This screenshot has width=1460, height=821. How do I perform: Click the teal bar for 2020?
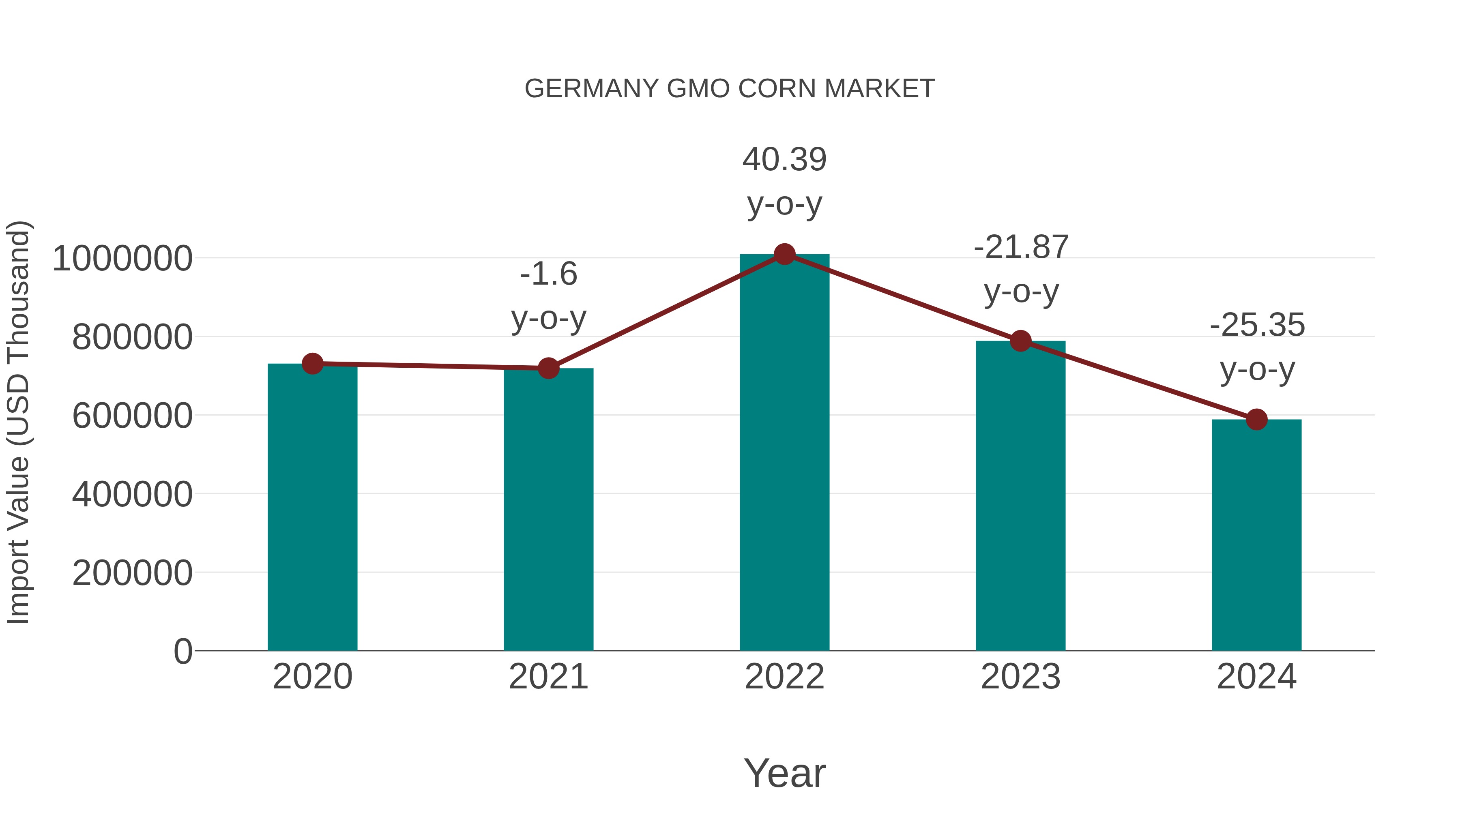(312, 510)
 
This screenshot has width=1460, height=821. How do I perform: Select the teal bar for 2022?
(784, 453)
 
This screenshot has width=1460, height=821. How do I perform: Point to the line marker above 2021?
(548, 368)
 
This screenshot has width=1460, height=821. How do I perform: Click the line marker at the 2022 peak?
(784, 254)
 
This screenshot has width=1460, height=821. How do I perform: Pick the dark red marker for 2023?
(1020, 341)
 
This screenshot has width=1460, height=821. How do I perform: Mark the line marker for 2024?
(1256, 419)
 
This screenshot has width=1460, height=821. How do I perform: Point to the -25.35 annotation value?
(1257, 325)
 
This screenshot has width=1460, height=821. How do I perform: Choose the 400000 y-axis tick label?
(132, 494)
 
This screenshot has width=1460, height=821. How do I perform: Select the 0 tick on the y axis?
(183, 651)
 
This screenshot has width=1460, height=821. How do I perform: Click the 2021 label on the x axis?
(548, 677)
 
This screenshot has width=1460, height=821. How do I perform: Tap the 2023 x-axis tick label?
(1020, 677)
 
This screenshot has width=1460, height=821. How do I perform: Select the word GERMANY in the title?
(592, 89)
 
